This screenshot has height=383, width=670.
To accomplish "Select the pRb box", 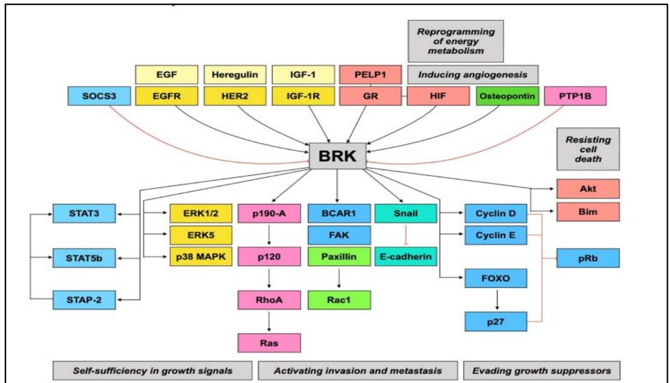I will (587, 258).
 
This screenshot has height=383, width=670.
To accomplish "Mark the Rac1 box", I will (339, 300).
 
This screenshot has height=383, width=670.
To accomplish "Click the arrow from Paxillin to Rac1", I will (339, 278).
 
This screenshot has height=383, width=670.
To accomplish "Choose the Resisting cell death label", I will (587, 149).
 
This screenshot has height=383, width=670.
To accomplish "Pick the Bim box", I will (587, 211).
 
